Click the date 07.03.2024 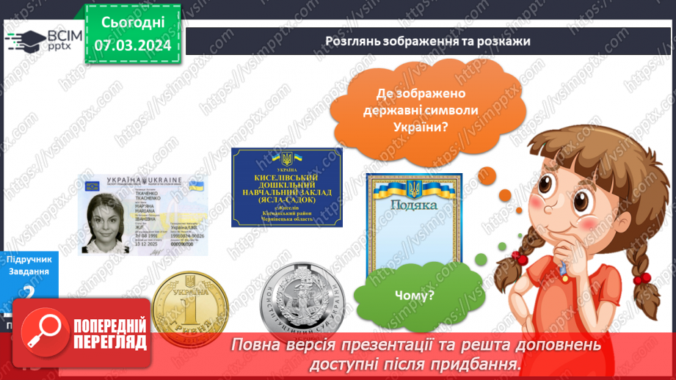[132, 45]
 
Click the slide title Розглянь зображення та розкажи [428, 41]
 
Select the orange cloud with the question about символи [427, 110]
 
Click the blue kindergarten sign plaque [287, 187]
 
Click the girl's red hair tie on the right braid [644, 279]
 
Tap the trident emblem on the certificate [415, 189]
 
